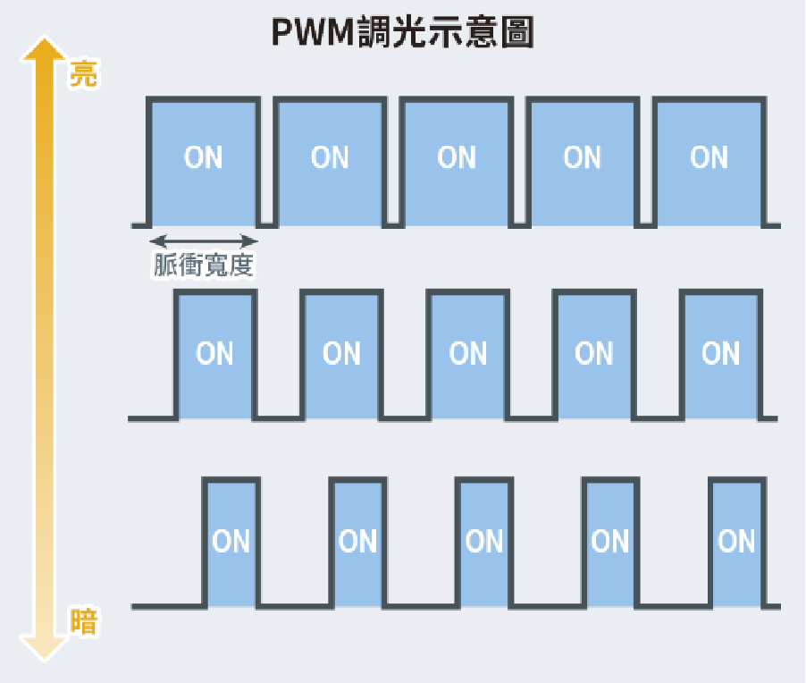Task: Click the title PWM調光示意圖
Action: click(403, 33)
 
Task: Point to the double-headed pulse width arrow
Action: click(204, 240)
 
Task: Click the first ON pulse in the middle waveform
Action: click(215, 355)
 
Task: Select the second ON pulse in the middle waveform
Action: click(342, 355)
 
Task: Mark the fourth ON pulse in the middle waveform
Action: click(594, 355)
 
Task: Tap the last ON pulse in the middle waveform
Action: click(721, 355)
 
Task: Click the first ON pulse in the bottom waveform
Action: click(232, 543)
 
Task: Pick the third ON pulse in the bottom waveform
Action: click(484, 543)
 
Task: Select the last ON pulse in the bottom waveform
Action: click(737, 543)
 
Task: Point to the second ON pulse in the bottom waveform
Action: click(358, 543)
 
